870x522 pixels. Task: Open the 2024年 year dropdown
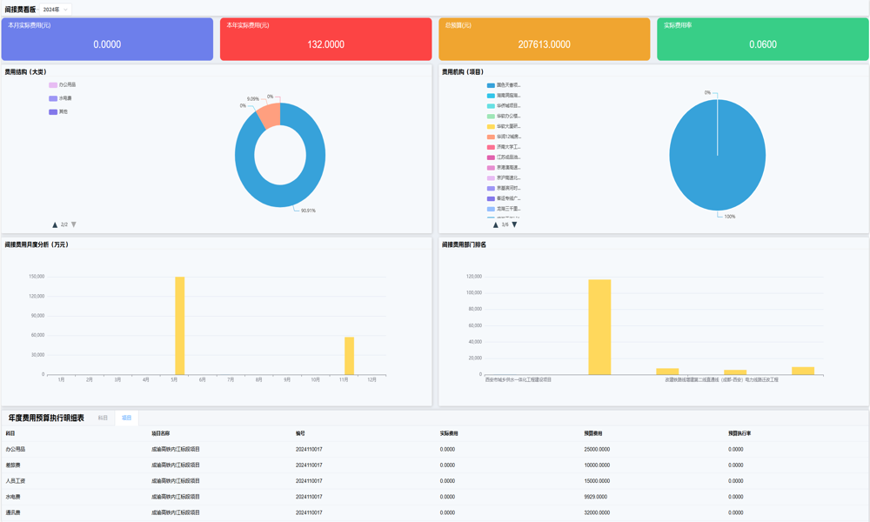[x=56, y=10]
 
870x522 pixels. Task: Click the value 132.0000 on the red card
[x=325, y=44]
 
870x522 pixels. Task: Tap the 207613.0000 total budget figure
[x=544, y=44]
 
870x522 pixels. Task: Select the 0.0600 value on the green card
[x=763, y=44]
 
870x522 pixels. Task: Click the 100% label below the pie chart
[x=729, y=217]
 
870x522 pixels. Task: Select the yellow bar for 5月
[x=180, y=325]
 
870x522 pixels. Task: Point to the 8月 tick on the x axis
[x=259, y=380]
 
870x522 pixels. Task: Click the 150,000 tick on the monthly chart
[x=37, y=277]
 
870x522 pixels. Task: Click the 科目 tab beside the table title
[x=103, y=418]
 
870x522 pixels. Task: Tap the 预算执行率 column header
[x=739, y=433]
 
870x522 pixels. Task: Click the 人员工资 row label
[x=16, y=481]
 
